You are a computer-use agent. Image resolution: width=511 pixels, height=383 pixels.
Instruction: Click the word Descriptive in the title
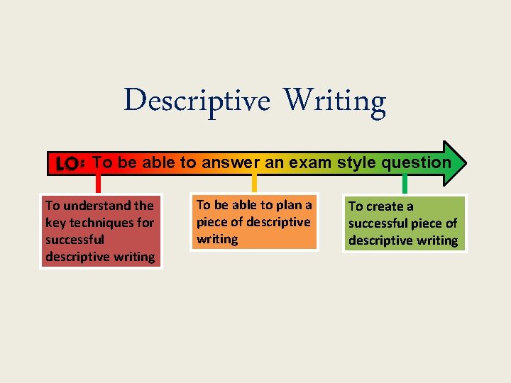[197, 101]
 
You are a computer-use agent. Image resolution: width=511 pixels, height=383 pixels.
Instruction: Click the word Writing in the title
[335, 102]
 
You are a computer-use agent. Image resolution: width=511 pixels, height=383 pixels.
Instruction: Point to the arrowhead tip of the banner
[466, 162]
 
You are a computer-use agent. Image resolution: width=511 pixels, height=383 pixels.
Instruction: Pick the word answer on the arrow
[232, 162]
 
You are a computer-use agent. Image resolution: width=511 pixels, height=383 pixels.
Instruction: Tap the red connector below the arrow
[99, 184]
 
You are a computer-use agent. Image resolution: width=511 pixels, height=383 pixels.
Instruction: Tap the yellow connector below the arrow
[254, 184]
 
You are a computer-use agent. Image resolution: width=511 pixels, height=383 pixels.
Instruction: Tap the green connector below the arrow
[405, 184]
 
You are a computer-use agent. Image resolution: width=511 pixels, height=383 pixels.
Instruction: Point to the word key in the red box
[55, 223]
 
